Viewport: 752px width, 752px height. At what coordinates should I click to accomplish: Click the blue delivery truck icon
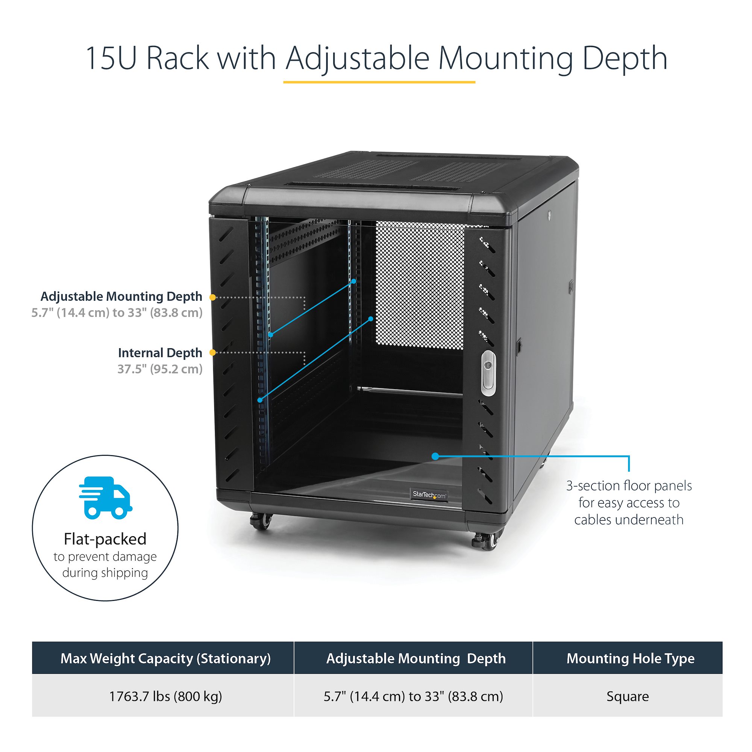106,497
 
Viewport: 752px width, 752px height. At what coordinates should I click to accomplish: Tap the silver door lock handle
488,373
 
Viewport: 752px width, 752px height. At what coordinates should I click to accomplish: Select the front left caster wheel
261,521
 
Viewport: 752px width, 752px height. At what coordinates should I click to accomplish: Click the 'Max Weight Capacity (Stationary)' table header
165,658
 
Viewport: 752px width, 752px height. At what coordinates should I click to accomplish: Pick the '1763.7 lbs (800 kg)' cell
165,696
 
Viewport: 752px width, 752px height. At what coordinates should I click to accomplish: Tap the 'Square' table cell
628,696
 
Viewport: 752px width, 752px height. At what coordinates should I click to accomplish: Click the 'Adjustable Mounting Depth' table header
416,658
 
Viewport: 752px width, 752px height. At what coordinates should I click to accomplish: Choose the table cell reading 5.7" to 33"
413,696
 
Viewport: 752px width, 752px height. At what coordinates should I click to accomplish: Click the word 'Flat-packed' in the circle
105,540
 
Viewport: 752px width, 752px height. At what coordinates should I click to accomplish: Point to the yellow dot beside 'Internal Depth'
212,353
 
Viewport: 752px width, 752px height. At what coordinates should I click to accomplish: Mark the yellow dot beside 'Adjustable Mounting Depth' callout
212,297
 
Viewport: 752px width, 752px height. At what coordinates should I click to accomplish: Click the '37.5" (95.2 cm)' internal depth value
160,369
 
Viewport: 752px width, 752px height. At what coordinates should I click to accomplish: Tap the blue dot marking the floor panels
435,456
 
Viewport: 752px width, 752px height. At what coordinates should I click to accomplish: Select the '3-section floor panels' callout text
629,502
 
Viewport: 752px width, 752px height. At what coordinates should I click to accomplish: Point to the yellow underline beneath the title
379,82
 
